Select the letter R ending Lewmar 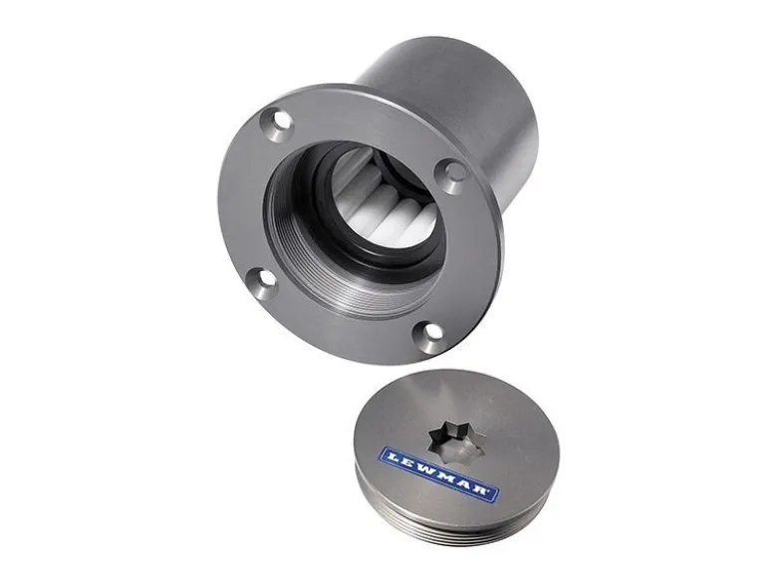481,490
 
